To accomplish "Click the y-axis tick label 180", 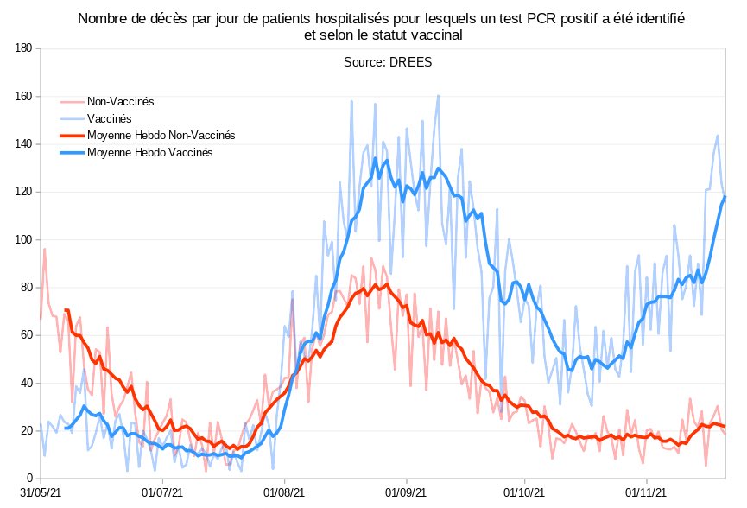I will point(23,48).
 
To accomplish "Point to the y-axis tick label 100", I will point(23,239).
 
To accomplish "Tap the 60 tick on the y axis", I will point(26,335).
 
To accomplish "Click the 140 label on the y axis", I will point(23,144).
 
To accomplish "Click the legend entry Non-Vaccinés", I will point(120,101).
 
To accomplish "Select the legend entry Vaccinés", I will point(109,118).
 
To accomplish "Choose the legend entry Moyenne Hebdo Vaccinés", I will point(150,152).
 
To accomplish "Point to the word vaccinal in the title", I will point(437,35).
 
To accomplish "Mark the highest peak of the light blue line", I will point(438,96).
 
